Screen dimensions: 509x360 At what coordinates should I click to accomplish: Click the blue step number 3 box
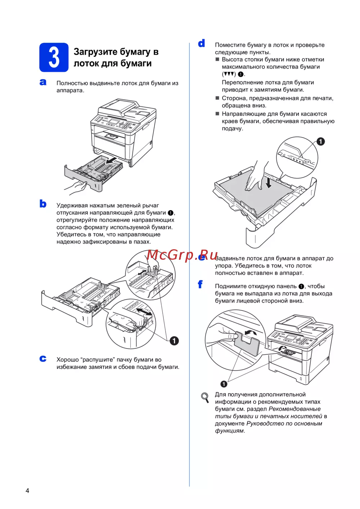pyautogui.click(x=54, y=57)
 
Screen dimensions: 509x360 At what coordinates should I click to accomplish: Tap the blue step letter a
pyautogui.click(x=43, y=82)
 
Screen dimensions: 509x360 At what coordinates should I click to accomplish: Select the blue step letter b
pyautogui.click(x=43, y=204)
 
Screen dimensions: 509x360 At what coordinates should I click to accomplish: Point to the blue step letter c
pyautogui.click(x=43, y=359)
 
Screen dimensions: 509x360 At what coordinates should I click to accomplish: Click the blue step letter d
pyautogui.click(x=202, y=44)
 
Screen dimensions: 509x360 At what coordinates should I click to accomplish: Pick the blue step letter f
pyautogui.click(x=201, y=284)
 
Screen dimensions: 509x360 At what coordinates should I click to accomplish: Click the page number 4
pyautogui.click(x=27, y=491)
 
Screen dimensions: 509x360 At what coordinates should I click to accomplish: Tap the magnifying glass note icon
pyautogui.click(x=205, y=397)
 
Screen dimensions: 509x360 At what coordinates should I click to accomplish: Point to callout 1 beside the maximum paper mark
pyautogui.click(x=320, y=142)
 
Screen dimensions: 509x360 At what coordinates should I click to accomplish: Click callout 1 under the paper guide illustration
pyautogui.click(x=174, y=341)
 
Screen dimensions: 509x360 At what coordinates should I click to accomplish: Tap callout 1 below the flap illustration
pyautogui.click(x=224, y=384)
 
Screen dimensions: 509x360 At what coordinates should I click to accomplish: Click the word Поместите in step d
pyautogui.click(x=230, y=45)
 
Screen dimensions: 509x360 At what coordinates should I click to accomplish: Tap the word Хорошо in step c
pyautogui.click(x=67, y=360)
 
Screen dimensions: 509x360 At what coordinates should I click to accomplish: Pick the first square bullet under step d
pyautogui.click(x=217, y=59)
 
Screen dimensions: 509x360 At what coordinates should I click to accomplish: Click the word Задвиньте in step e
pyautogui.click(x=230, y=258)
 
